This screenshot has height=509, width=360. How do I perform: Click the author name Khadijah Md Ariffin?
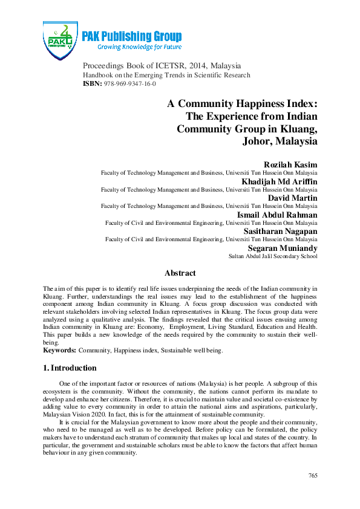pos(282,181)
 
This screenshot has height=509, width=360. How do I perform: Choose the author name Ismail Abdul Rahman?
pos(279,214)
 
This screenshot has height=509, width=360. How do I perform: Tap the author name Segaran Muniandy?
pos(283,248)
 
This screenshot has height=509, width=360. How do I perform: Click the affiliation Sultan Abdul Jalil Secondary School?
pos(273,256)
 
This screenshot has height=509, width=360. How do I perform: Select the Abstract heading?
pos(180,273)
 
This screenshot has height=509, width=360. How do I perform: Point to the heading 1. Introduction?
pos(70,368)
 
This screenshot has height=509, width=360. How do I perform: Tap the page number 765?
pos(313,476)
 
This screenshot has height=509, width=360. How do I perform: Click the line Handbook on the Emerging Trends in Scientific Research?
pos(166,75)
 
